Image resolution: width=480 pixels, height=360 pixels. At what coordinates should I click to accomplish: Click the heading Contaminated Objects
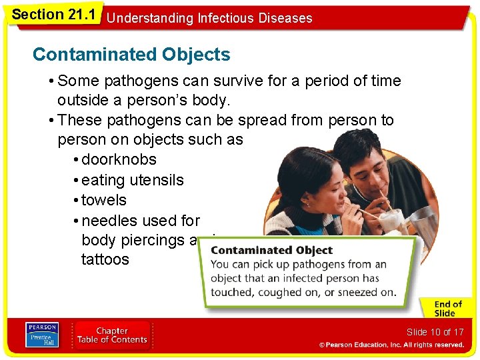tap(131, 55)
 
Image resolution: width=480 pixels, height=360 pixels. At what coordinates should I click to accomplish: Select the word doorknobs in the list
tap(119, 160)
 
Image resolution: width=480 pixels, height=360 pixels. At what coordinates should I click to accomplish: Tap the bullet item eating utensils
tap(132, 180)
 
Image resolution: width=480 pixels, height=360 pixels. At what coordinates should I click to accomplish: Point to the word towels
tap(103, 200)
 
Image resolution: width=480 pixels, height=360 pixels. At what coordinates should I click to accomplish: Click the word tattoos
tap(105, 259)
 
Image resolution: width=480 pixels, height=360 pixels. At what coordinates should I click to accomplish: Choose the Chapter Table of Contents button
tap(111, 335)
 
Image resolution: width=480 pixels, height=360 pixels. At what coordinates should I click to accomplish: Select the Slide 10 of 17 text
tap(435, 332)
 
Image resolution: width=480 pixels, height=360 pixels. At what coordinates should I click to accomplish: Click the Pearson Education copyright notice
tap(391, 345)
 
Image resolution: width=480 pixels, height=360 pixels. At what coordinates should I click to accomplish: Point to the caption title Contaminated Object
tap(271, 251)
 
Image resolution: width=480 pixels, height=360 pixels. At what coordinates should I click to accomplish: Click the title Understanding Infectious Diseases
tap(209, 18)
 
